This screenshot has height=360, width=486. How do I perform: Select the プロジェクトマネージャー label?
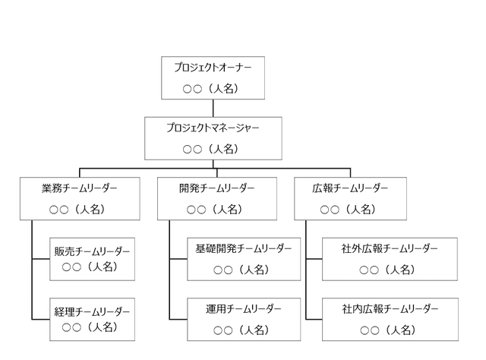click(213, 128)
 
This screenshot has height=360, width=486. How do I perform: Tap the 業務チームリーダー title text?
click(80, 188)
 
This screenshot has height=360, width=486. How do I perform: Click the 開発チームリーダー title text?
click(217, 188)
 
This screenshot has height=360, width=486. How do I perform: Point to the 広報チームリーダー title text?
click(350, 188)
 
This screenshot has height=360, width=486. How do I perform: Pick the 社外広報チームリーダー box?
click(390, 259)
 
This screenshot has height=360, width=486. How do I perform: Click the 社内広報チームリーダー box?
click(390, 319)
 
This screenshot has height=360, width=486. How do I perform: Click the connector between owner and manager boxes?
click(213, 107)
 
